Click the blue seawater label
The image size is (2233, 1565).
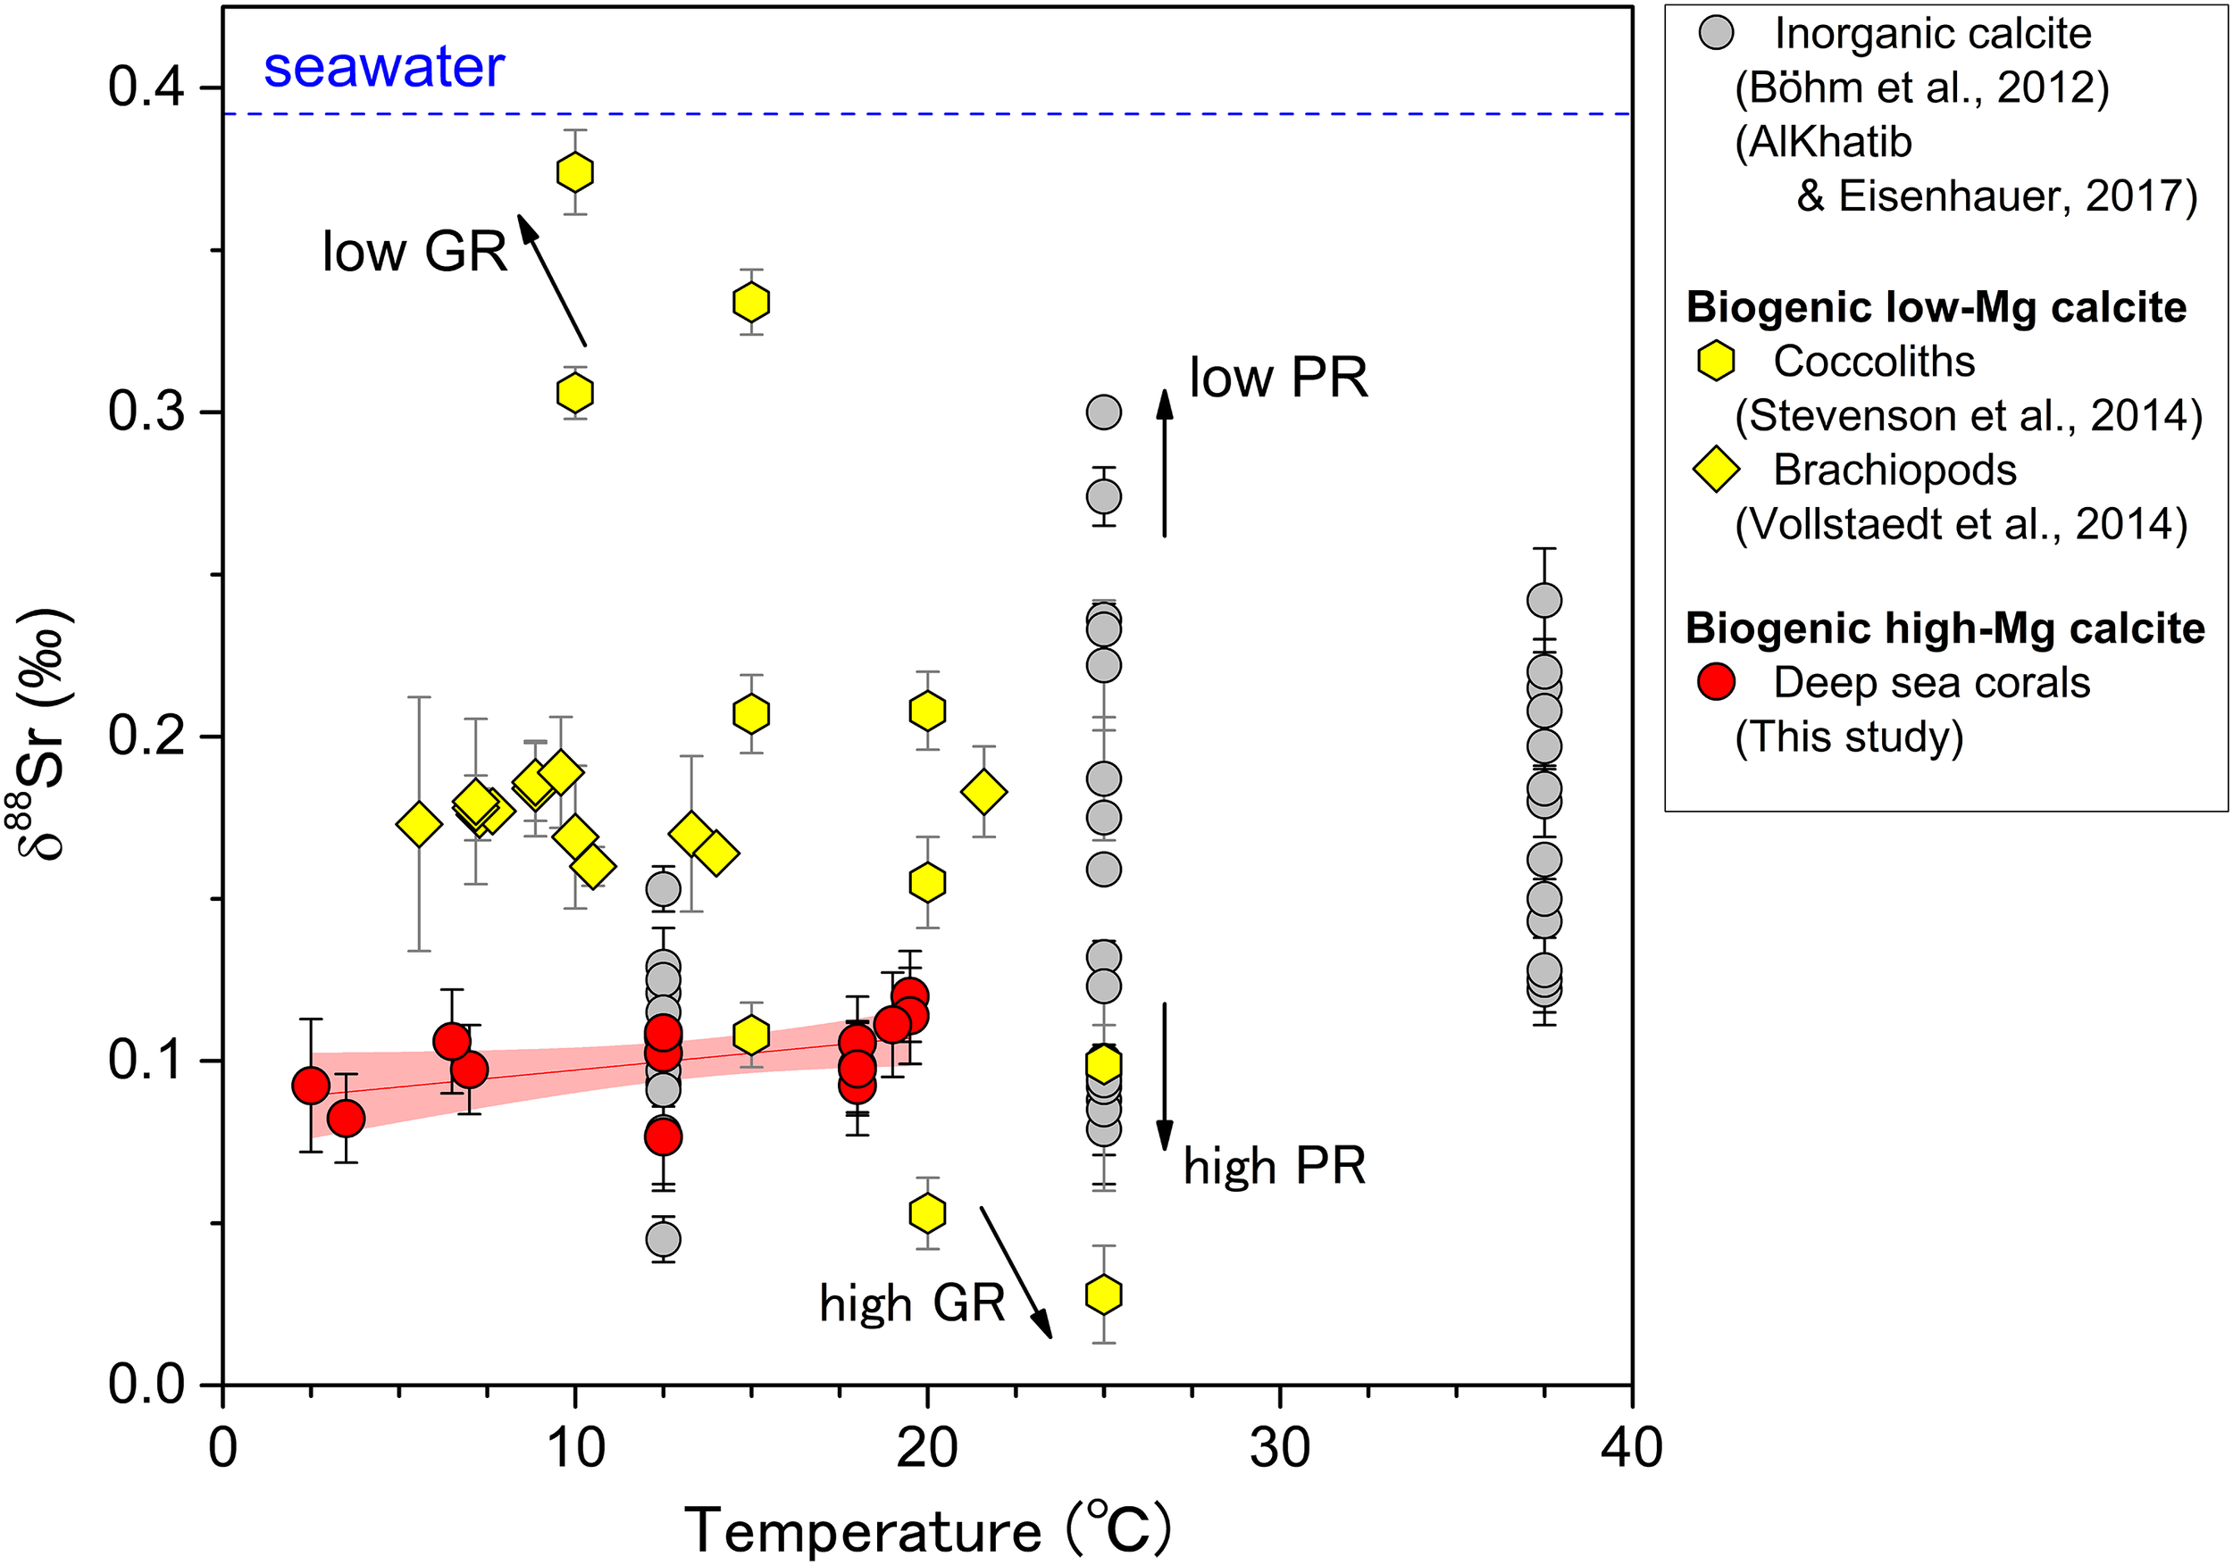(x=383, y=67)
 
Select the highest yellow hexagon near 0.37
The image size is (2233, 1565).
(x=575, y=172)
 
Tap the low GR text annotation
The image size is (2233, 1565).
(x=414, y=252)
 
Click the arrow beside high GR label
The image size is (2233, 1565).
(x=1016, y=1272)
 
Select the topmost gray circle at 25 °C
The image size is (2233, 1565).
(x=1103, y=412)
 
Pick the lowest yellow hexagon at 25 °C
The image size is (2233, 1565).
(x=1103, y=1294)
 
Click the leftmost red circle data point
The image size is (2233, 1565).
(x=310, y=1086)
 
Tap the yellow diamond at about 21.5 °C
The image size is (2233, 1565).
(x=983, y=791)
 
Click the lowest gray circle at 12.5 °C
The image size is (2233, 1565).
(x=664, y=1239)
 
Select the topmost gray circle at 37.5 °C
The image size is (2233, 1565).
(x=1544, y=601)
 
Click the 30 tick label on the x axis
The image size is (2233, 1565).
(x=1279, y=1447)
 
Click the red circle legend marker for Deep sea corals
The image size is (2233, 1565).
(x=1717, y=681)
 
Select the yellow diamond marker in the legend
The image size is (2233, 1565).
(x=1717, y=470)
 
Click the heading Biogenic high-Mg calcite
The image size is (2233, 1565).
(x=1944, y=628)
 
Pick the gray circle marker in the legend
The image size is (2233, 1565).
(x=1717, y=34)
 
